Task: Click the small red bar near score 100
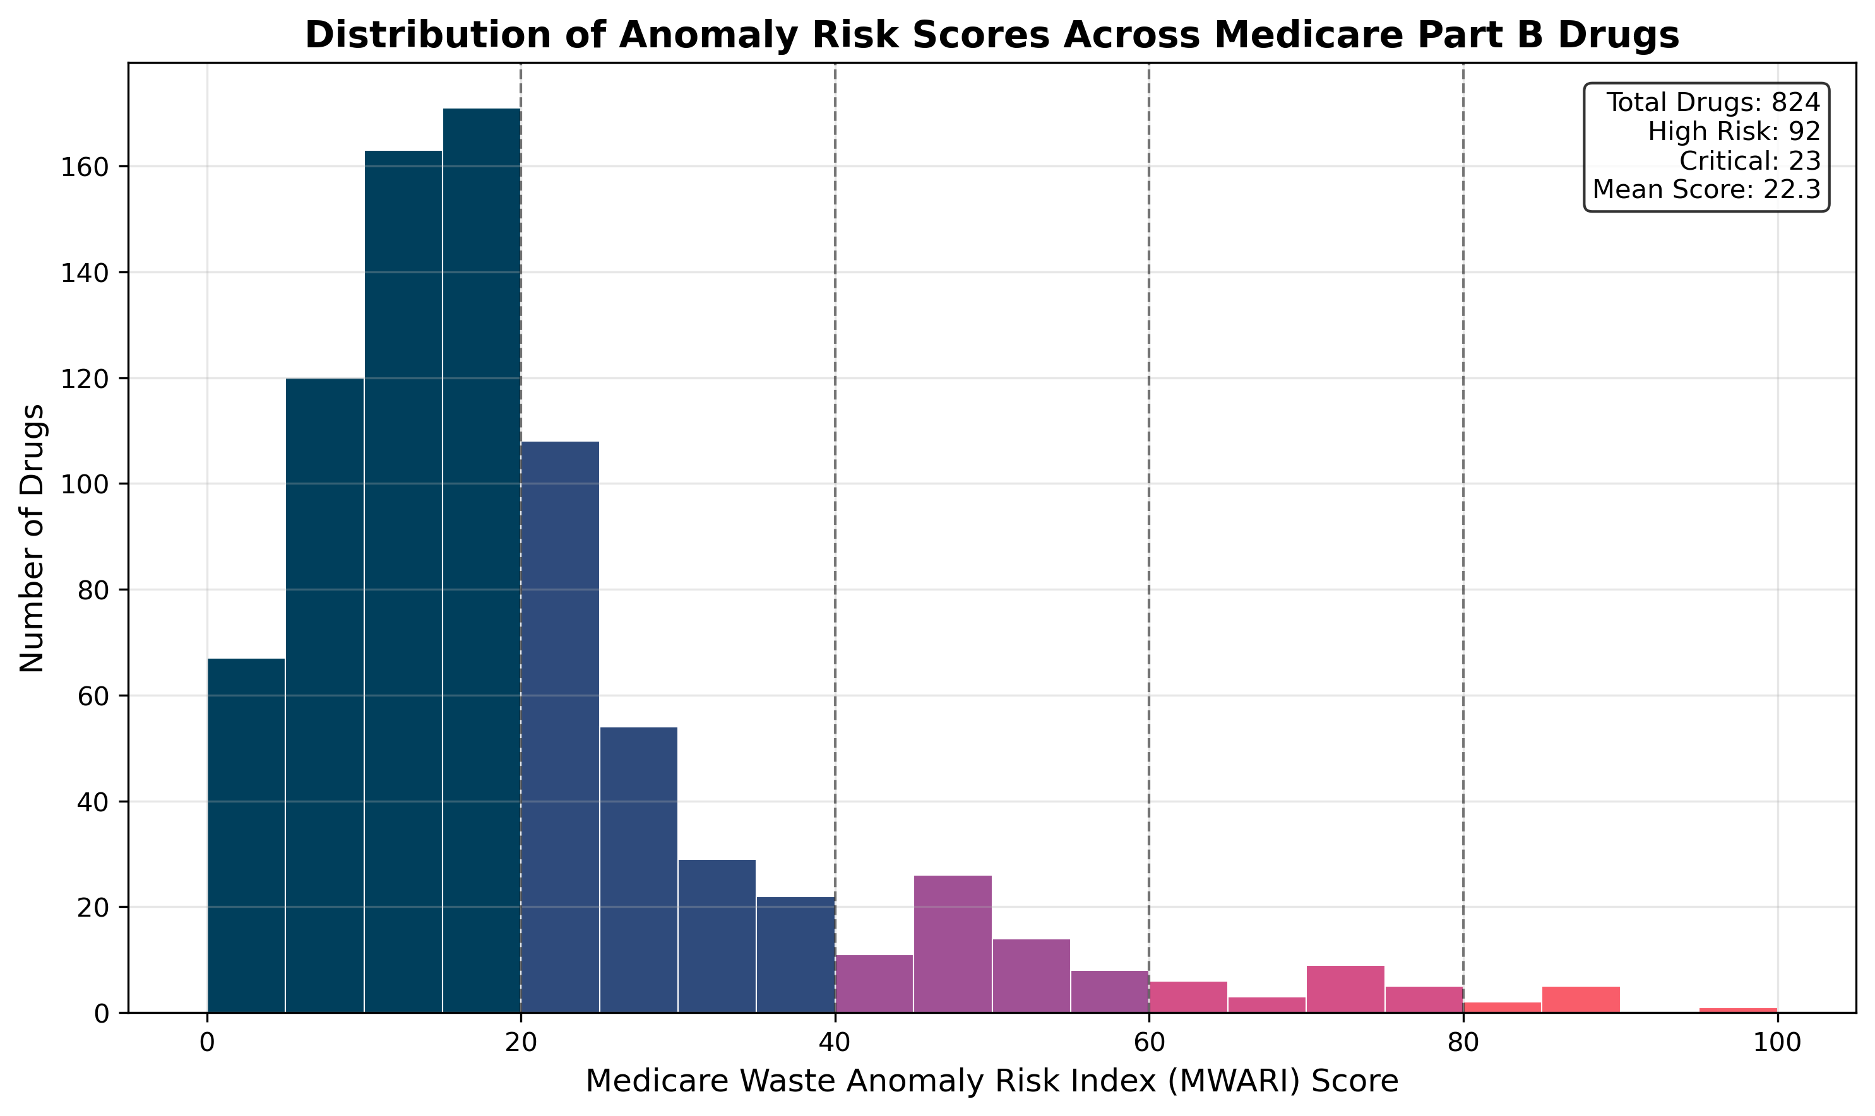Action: pyautogui.click(x=1738, y=1010)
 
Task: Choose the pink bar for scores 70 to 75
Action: pyautogui.click(x=1345, y=989)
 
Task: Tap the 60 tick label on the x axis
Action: pyautogui.click(x=1149, y=1043)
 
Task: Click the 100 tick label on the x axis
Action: pyautogui.click(x=1777, y=1043)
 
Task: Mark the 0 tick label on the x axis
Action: pyautogui.click(x=207, y=1043)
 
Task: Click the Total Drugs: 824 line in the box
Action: pyautogui.click(x=1713, y=102)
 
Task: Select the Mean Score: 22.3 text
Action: pyautogui.click(x=1706, y=189)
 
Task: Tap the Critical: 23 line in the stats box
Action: pyautogui.click(x=1749, y=161)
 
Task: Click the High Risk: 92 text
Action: pyautogui.click(x=1734, y=132)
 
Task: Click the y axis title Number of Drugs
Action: pyautogui.click(x=32, y=537)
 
